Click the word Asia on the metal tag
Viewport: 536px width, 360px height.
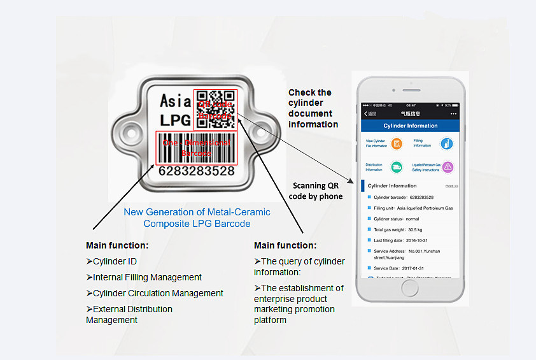175,100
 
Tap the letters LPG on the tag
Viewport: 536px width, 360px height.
175,120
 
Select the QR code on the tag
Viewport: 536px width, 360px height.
215,108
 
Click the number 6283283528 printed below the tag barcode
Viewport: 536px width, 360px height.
196,171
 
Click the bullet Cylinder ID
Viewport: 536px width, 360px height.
111,261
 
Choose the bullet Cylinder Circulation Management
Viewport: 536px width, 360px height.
155,293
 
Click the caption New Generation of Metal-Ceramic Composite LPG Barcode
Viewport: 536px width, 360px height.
197,218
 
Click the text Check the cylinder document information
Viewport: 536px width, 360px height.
313,108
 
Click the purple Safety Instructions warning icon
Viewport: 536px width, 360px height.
448,167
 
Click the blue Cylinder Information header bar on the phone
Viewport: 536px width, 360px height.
410,126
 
